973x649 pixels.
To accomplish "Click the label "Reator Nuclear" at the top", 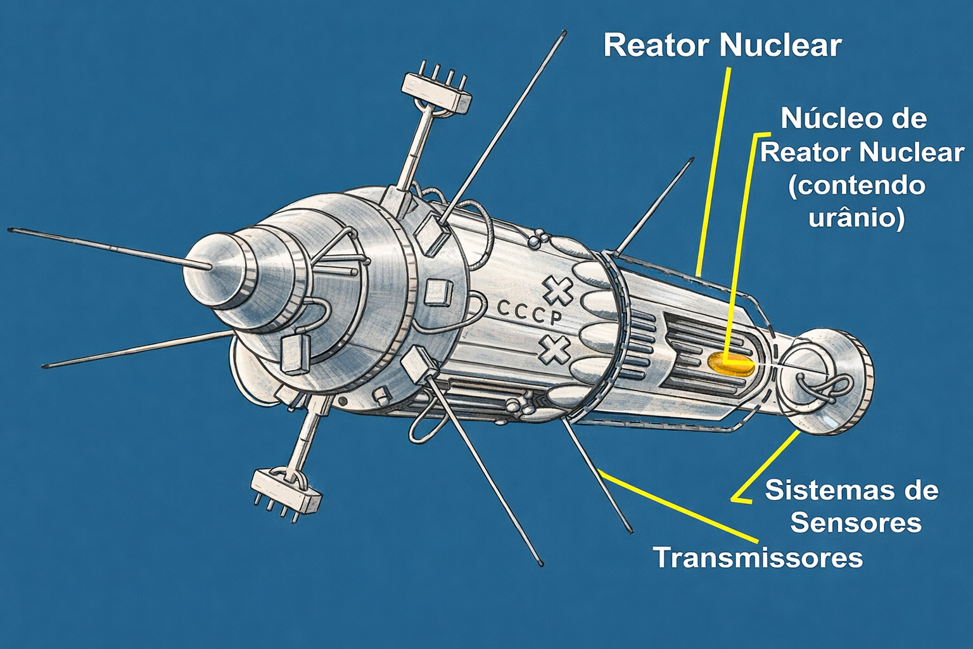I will point(722,46).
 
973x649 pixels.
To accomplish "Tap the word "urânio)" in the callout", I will point(856,217).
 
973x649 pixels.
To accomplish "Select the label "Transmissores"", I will point(758,558).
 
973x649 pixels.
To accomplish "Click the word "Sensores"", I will point(856,523).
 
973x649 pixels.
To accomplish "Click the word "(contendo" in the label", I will point(856,186).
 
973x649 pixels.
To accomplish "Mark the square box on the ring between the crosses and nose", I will point(438,292).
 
